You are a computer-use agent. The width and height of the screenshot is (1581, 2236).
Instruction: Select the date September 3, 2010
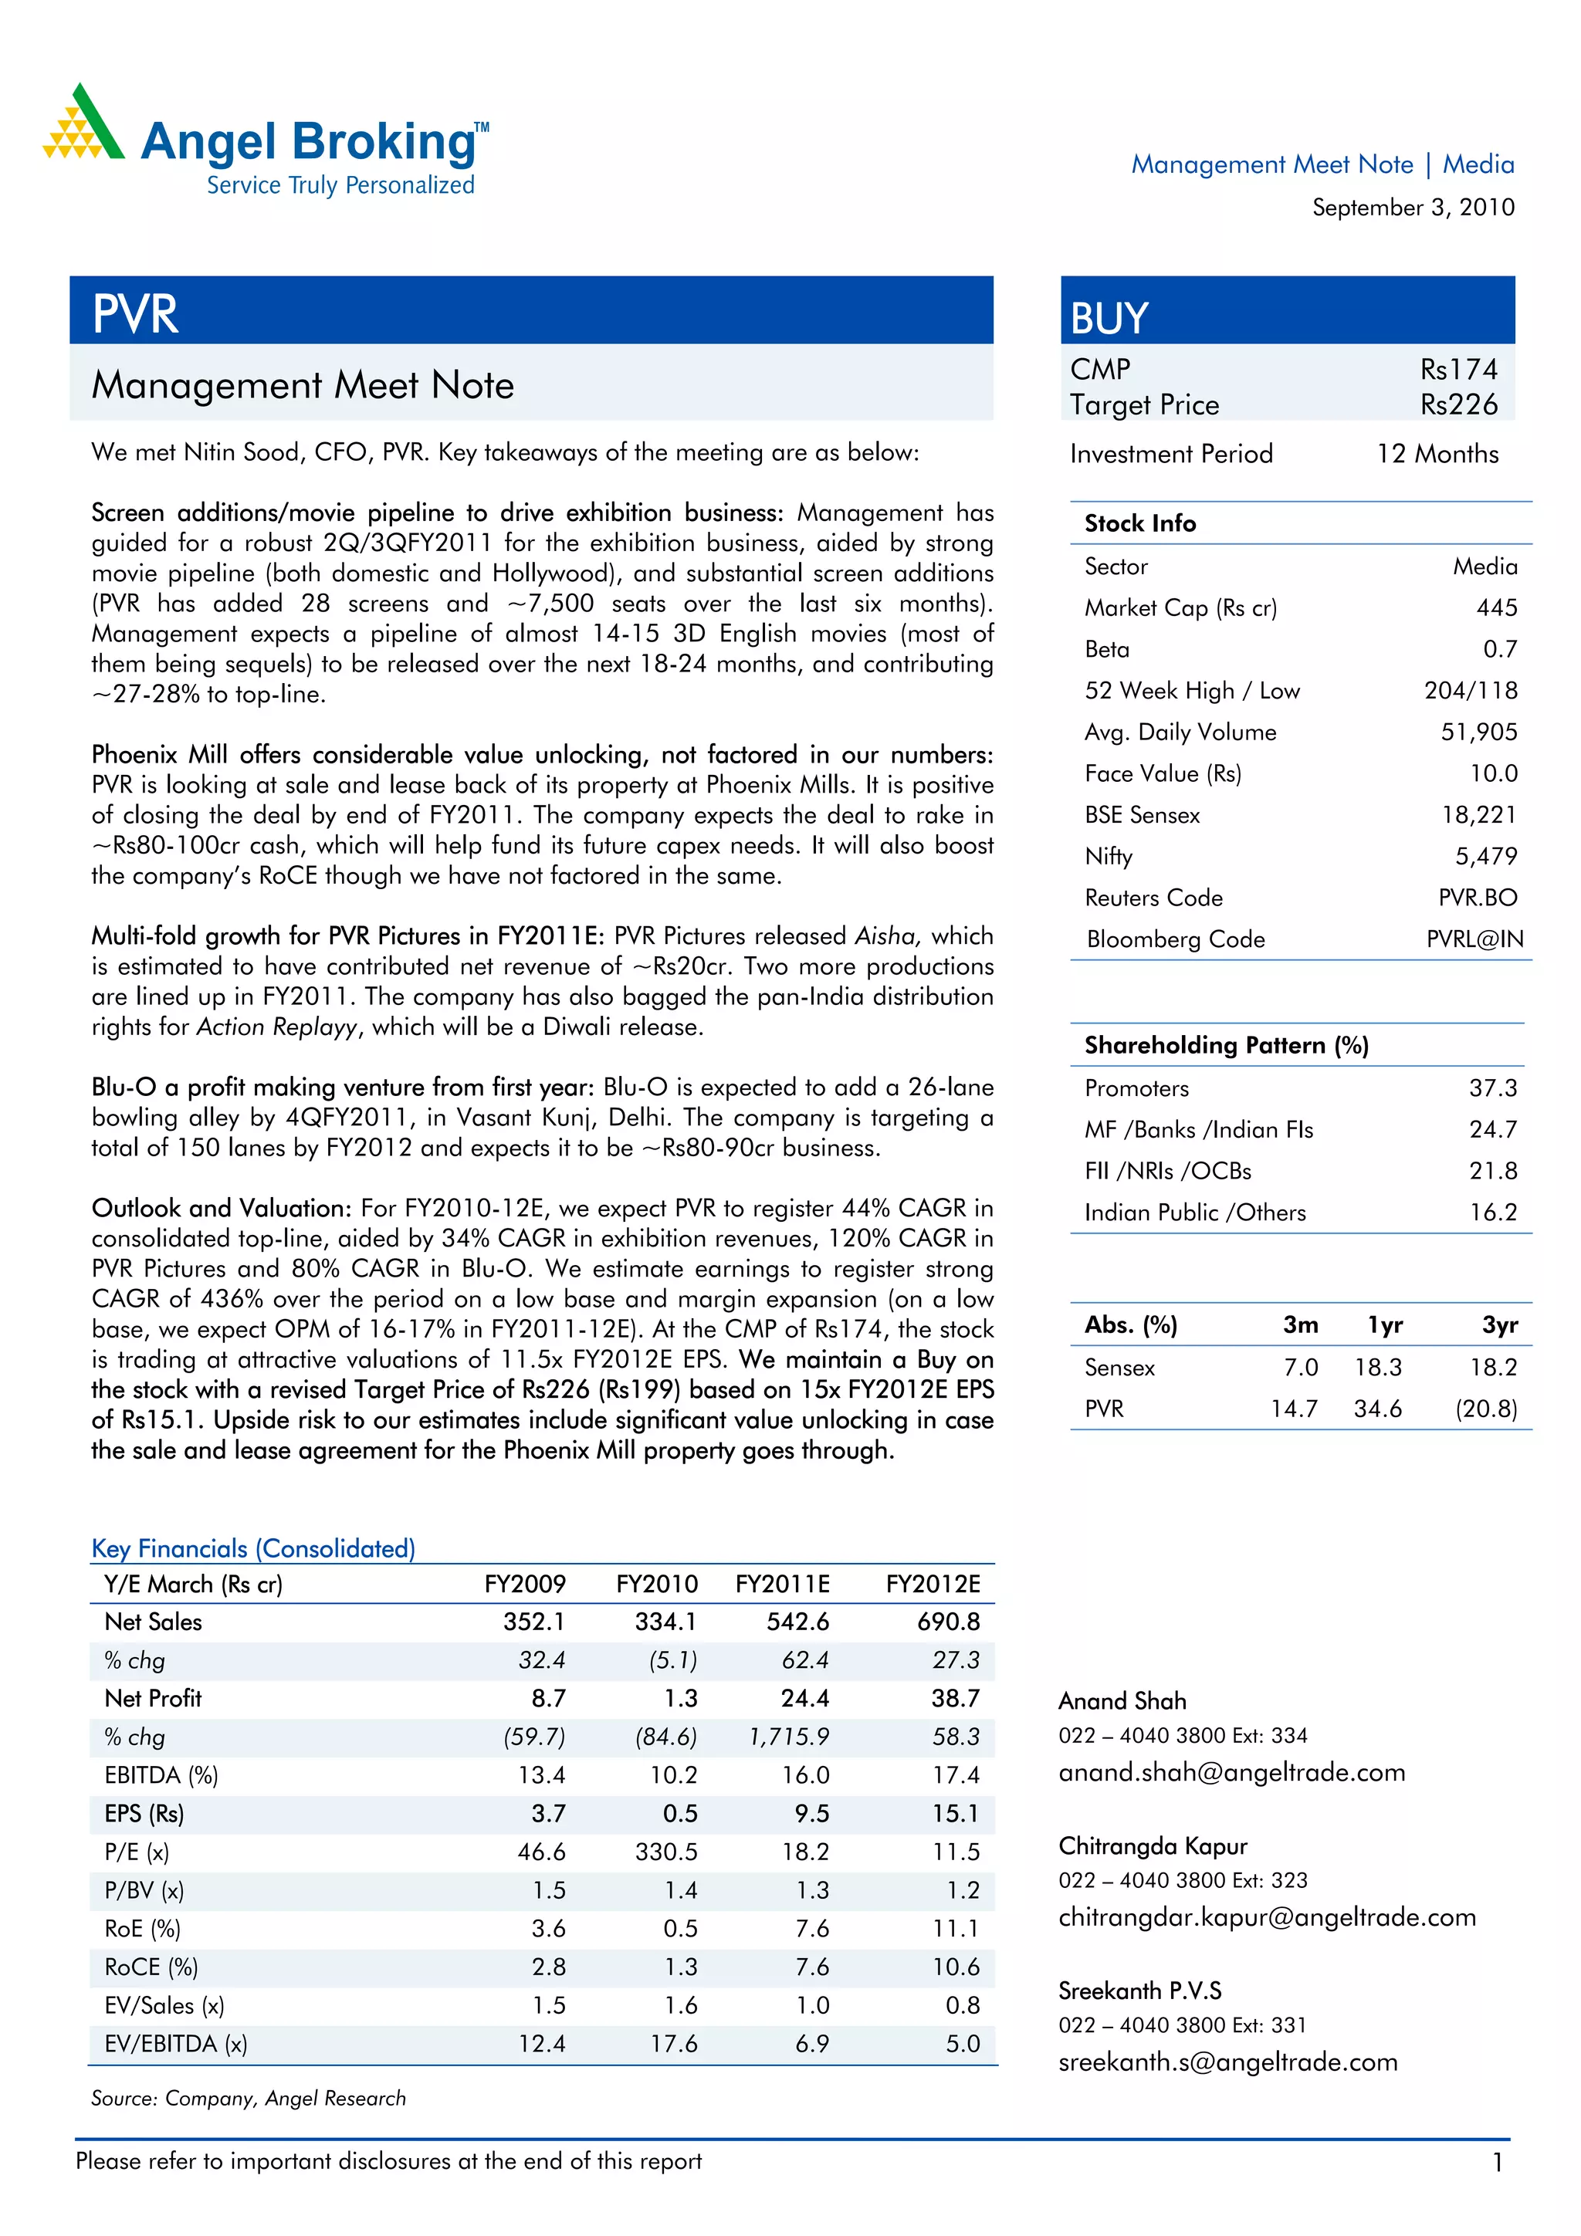pos(1413,208)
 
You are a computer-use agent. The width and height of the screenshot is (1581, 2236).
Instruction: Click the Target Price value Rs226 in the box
pos(1458,405)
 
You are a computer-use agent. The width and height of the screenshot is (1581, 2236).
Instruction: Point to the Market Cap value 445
pos(1496,607)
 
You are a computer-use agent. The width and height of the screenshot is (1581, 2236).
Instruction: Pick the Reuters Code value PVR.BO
pos(1477,898)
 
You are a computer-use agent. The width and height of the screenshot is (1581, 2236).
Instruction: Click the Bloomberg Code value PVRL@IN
pos(1474,939)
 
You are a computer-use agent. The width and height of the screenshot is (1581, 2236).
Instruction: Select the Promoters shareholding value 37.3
pos(1492,1088)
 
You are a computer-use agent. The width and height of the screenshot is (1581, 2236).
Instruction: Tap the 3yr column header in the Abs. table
pos(1499,1324)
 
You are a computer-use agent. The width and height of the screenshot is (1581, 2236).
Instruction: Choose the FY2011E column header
pos(782,1585)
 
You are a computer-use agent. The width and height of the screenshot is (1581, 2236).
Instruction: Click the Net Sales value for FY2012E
pos(948,1622)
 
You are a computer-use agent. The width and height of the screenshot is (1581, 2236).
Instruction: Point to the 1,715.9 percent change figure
pos(788,1737)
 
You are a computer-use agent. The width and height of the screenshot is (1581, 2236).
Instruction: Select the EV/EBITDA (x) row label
pos(175,2044)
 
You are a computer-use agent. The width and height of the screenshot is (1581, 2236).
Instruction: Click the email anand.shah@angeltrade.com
pos(1231,1772)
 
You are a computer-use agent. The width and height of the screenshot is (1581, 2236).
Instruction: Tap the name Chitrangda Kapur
pos(1153,1846)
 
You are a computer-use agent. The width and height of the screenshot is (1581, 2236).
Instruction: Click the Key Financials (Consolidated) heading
pos(253,1548)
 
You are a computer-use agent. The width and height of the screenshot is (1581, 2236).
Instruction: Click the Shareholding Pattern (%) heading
pos(1227,1045)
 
